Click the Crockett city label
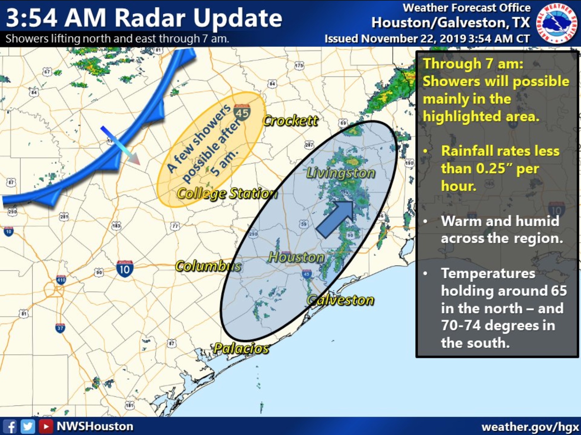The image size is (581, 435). click(290, 121)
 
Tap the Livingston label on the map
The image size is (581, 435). click(340, 173)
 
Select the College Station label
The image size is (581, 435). click(227, 194)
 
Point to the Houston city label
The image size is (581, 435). click(296, 257)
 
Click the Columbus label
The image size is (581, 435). click(208, 266)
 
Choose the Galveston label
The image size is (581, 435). click(340, 300)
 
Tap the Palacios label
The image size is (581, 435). click(241, 348)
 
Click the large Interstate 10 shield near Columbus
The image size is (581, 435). click(125, 269)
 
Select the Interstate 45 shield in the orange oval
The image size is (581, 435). click(242, 112)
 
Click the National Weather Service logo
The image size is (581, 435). click(557, 24)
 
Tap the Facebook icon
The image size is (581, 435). click(10, 427)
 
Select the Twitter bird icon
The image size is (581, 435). click(28, 427)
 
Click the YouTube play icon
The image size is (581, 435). click(46, 427)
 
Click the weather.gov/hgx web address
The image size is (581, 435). click(530, 427)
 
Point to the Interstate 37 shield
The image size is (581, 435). click(60, 328)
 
